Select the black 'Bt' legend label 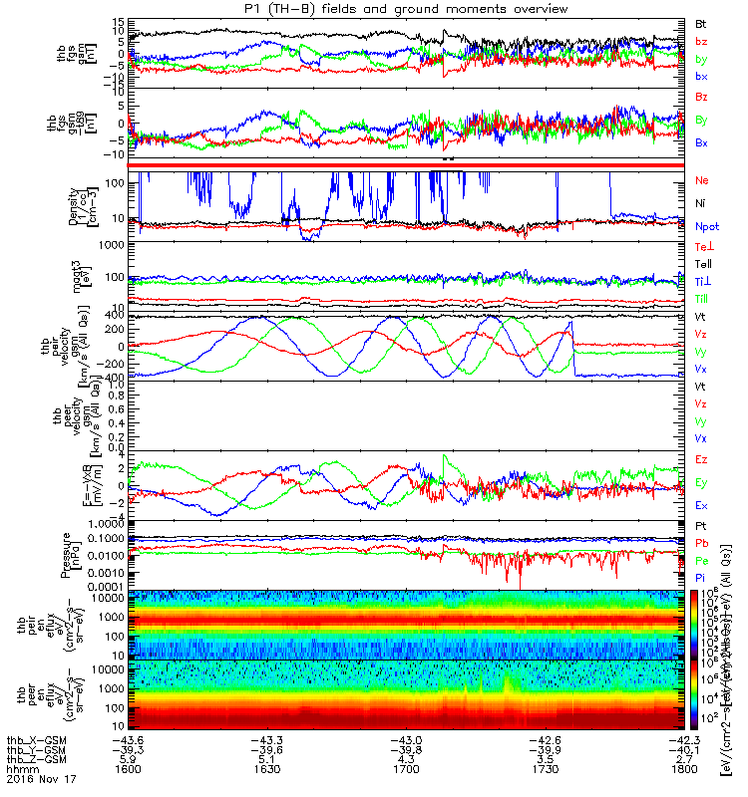click(x=701, y=23)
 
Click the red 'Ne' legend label click(x=702, y=181)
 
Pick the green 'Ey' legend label click(x=702, y=483)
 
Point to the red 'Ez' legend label click(x=702, y=459)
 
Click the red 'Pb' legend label click(x=702, y=543)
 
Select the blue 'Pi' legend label click(x=701, y=579)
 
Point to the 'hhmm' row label click(x=17, y=768)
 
